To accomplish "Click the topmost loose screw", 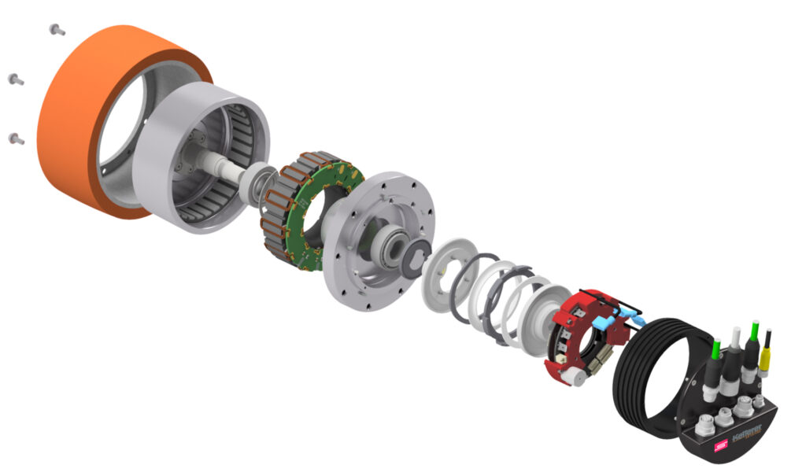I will (57, 30).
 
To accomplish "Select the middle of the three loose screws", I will (16, 79).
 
